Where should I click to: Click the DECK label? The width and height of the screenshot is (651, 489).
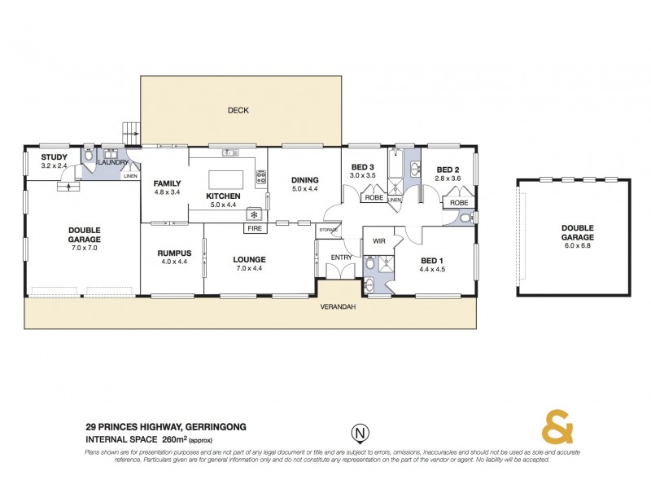coord(238,110)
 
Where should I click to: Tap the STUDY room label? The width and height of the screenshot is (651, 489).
coord(54,156)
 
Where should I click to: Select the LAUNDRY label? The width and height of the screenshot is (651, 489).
coord(113,162)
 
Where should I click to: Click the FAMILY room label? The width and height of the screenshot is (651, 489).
coord(166,183)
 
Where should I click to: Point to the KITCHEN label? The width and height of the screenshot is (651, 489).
coord(222,196)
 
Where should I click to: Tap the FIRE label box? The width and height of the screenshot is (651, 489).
coord(254,229)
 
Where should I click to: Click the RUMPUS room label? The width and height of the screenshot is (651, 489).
coord(173,253)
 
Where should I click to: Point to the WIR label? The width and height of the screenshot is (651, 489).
coord(378,241)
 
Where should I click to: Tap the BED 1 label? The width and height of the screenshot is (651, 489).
coord(430,261)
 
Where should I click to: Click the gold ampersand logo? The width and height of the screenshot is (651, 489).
coord(557,427)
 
